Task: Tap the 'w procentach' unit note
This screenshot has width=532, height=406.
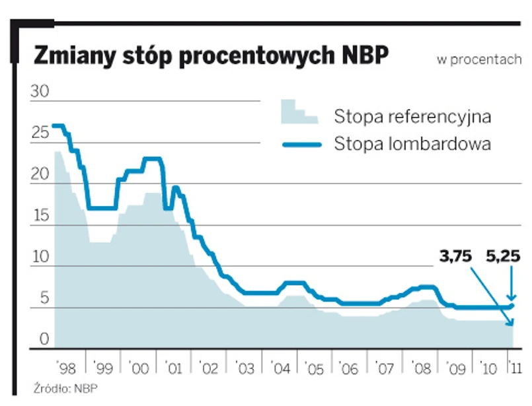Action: (x=479, y=59)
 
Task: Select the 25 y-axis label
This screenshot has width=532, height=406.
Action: (x=40, y=133)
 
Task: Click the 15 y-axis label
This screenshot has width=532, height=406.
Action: (x=40, y=216)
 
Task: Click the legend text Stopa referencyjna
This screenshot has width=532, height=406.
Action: (x=412, y=118)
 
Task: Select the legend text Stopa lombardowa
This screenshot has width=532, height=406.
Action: (x=412, y=144)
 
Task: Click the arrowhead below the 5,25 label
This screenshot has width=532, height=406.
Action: (x=511, y=299)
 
